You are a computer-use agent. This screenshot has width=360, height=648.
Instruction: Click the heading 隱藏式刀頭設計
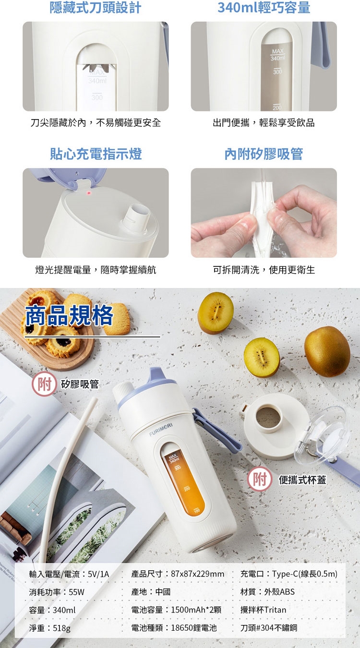[x=96, y=8]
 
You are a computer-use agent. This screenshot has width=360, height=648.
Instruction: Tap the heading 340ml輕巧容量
[x=264, y=8]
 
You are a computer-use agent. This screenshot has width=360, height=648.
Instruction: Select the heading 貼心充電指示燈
[x=96, y=154]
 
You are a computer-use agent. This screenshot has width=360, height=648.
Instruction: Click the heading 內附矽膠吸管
[x=264, y=154]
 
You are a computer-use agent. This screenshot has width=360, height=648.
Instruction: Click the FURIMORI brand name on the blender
[x=161, y=430]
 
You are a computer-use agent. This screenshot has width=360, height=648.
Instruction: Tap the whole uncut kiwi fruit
[x=327, y=351]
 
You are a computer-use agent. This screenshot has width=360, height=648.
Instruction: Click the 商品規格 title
[x=69, y=316]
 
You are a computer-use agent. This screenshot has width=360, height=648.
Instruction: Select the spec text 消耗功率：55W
[x=57, y=592]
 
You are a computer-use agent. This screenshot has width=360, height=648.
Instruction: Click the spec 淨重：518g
[x=50, y=628]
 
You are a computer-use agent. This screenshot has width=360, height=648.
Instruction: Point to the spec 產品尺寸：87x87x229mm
[x=178, y=574]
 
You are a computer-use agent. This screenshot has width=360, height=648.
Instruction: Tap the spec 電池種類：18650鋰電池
[x=174, y=628]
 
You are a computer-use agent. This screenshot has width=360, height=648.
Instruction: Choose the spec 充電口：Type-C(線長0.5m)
[x=289, y=574]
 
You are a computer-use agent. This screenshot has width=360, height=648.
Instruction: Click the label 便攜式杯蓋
[x=302, y=480]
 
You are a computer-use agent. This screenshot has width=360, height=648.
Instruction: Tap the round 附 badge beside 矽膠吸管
[x=44, y=384]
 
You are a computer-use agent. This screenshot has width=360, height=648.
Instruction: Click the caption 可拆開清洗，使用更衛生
[x=264, y=270]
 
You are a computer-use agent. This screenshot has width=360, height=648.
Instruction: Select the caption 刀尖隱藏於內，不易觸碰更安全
[x=96, y=123]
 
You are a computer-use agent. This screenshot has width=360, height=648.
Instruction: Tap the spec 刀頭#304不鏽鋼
[x=268, y=628]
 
